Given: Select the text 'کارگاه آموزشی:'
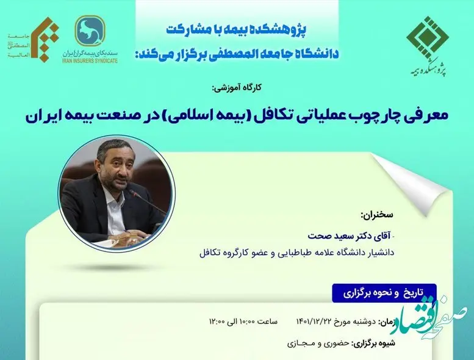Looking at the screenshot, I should click(x=237, y=88).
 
